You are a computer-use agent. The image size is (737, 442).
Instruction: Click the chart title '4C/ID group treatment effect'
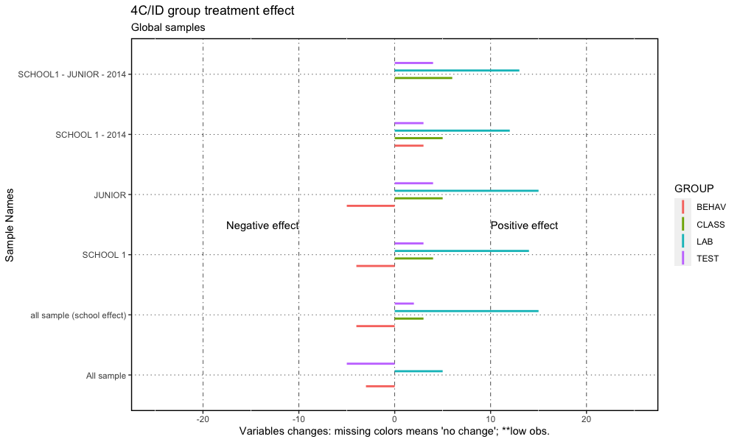(x=212, y=11)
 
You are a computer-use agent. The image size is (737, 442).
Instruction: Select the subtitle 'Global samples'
(x=168, y=28)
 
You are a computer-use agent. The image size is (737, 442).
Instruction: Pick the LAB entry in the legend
(x=699, y=242)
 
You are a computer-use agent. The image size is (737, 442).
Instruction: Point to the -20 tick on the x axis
(x=203, y=418)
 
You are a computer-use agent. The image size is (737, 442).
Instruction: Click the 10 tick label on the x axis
(x=490, y=418)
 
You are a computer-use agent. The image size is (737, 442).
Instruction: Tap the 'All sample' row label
(x=106, y=376)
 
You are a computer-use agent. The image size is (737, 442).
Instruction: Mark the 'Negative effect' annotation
(x=262, y=225)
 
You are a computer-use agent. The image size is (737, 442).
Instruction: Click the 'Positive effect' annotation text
(x=524, y=225)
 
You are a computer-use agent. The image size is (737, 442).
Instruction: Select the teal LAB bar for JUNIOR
(x=466, y=190)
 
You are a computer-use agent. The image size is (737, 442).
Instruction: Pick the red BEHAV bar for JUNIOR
(x=371, y=206)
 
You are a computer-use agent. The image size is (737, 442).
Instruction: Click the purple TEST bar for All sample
(x=371, y=363)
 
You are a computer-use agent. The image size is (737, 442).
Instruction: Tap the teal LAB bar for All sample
(x=418, y=371)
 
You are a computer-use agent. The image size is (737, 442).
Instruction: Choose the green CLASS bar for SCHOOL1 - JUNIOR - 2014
(x=423, y=77)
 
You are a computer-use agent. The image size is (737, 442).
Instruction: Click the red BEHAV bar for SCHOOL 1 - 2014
(x=408, y=146)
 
